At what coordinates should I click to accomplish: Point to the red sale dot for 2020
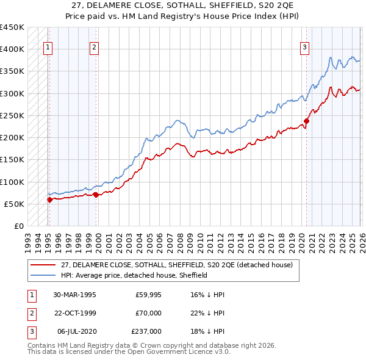click(x=306, y=121)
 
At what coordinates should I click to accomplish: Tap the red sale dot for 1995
click(x=49, y=200)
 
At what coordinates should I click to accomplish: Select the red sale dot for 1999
click(x=96, y=195)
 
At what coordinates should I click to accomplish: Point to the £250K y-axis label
click(x=12, y=115)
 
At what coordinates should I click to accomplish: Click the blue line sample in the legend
click(x=43, y=275)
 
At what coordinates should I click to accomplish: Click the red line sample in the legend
click(x=43, y=265)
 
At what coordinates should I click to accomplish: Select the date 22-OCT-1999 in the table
click(x=74, y=313)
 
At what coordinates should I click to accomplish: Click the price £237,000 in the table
click(x=146, y=331)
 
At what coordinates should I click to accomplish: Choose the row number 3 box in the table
click(x=30, y=331)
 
